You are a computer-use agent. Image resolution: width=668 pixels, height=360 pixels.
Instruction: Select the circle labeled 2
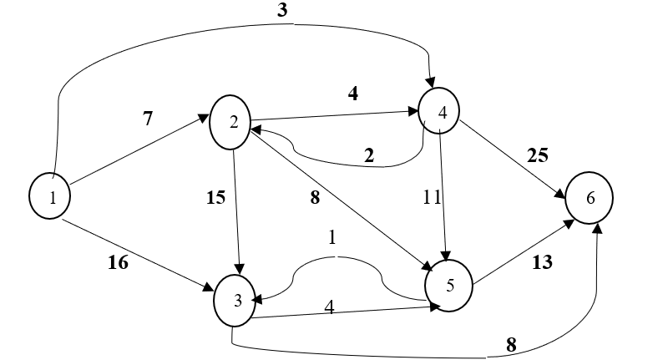(235, 120)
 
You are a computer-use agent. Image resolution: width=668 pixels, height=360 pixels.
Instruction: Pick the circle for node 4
(442, 112)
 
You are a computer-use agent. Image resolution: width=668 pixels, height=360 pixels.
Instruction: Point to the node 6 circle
(590, 199)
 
